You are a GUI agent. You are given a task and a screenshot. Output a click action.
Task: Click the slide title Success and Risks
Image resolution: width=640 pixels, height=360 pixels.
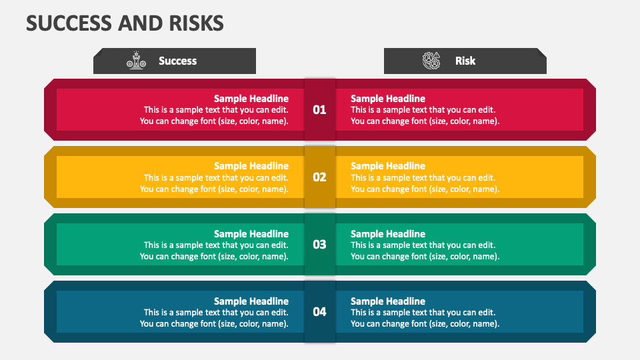tap(125, 23)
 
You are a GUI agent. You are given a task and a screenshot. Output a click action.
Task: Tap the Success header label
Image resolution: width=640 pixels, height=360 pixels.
tap(177, 61)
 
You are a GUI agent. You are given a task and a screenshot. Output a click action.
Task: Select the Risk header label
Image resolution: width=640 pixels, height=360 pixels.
tap(465, 61)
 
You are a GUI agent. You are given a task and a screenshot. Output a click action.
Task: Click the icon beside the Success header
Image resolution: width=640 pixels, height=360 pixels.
tap(136, 61)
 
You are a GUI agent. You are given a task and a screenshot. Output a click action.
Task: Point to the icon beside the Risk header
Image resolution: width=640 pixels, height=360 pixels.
tap(431, 61)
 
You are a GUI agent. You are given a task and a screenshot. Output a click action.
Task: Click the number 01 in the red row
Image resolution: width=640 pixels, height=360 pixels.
tap(320, 109)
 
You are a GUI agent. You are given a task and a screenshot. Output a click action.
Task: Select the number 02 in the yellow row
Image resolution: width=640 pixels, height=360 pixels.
tap(320, 177)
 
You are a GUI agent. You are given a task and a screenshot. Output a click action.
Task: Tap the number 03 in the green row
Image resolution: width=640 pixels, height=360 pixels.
tap(320, 244)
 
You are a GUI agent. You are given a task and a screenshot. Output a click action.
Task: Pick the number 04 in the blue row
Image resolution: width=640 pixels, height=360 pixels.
tap(320, 311)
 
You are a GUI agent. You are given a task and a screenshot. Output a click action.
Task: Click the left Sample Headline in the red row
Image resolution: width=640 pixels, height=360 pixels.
tap(251, 99)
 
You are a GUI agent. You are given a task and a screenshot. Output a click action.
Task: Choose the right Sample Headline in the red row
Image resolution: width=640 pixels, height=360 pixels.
tap(388, 99)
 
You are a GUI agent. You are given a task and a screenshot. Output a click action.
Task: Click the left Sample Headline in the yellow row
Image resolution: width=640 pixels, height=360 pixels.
tap(251, 166)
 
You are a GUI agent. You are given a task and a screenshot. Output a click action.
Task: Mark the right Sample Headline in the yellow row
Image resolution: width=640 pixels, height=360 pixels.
tap(388, 166)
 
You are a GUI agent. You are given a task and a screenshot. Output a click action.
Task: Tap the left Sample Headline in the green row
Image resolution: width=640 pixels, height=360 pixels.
tap(251, 234)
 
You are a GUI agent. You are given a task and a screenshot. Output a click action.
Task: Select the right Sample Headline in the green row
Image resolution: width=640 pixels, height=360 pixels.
tap(388, 234)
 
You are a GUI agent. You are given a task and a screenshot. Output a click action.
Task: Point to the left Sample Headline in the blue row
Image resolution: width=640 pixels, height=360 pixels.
tap(251, 301)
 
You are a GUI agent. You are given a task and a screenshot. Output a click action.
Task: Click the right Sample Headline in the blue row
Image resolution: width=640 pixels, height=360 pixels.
tap(388, 301)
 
